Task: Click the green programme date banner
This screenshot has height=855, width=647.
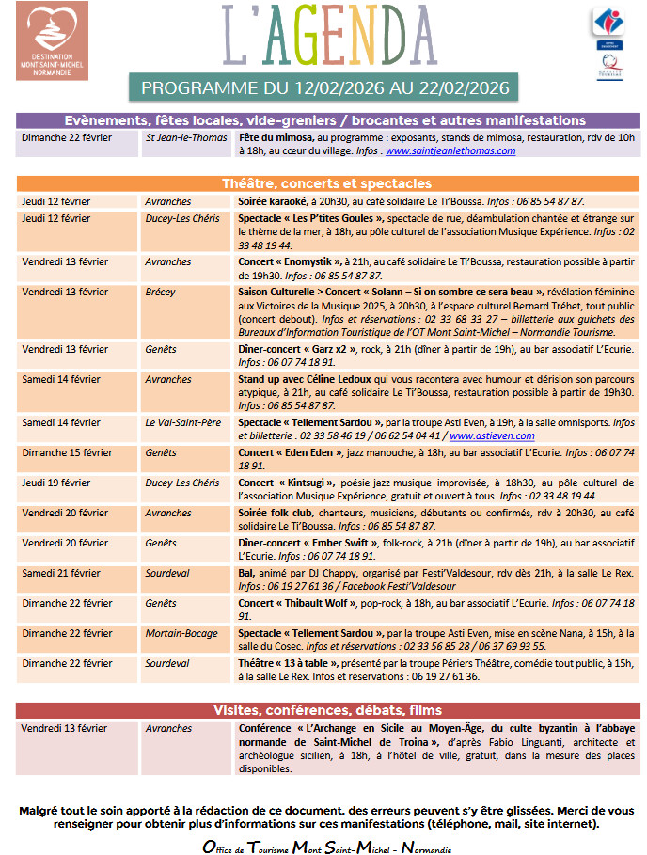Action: (x=323, y=88)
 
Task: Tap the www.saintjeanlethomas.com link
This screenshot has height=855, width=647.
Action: (x=450, y=150)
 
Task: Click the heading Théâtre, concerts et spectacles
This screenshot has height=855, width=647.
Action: (x=323, y=182)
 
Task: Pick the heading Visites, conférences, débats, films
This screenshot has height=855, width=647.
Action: (x=323, y=710)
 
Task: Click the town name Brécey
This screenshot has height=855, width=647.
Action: (x=160, y=292)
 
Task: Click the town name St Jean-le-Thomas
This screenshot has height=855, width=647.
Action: (x=186, y=137)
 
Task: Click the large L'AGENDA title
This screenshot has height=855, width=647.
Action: (x=323, y=36)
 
